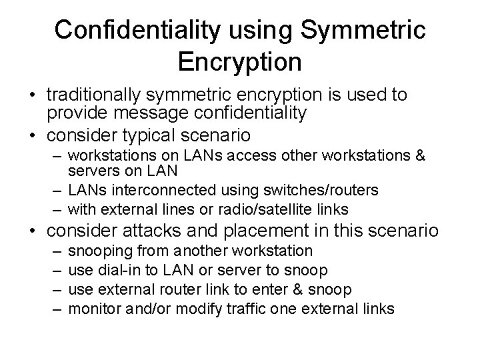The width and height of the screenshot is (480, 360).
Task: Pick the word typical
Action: (x=161, y=135)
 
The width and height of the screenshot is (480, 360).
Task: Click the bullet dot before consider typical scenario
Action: (x=32, y=136)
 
